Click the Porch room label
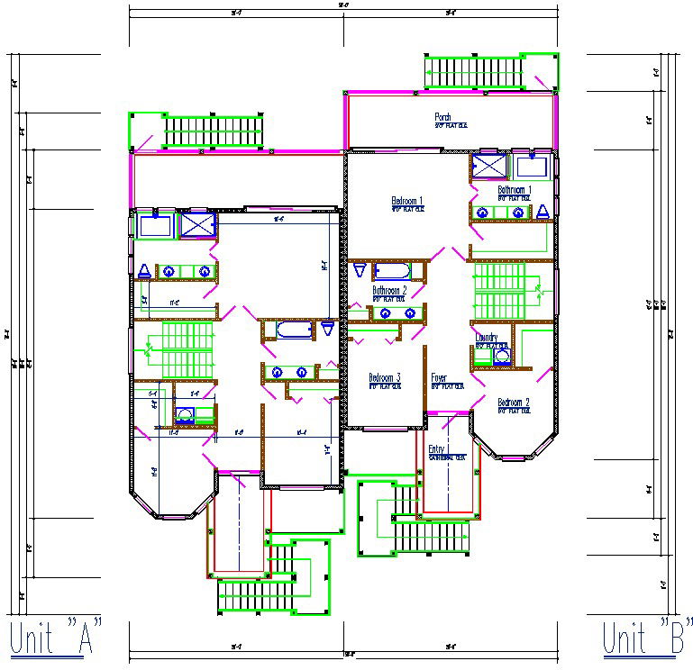(442, 117)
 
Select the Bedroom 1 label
(406, 200)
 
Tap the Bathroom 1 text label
(514, 190)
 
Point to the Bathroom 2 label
(389, 291)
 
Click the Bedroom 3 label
(385, 377)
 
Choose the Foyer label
(439, 377)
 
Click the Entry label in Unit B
(437, 449)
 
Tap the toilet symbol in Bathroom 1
(543, 212)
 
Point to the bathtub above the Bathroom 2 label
(392, 271)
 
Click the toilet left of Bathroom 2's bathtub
(359, 270)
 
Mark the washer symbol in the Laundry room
(502, 355)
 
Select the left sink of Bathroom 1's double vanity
(482, 213)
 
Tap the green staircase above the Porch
(475, 71)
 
